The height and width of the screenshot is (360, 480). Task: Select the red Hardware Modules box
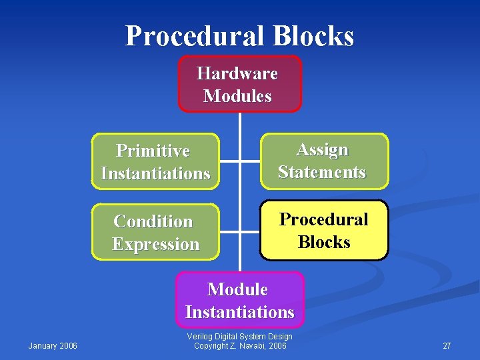pyautogui.click(x=239, y=84)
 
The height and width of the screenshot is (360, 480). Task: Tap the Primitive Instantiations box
pyautogui.click(x=155, y=162)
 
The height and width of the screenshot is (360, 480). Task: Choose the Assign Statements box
pyautogui.click(x=323, y=161)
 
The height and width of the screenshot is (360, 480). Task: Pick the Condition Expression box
pyautogui.click(x=155, y=233)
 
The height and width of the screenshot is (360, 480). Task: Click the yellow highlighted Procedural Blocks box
pyautogui.click(x=323, y=231)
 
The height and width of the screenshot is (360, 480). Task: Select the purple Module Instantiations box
pyautogui.click(x=239, y=301)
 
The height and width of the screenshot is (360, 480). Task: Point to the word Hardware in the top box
pyautogui.click(x=237, y=73)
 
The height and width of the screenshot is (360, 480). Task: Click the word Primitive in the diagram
pyautogui.click(x=153, y=151)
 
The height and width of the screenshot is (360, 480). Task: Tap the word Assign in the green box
pyautogui.click(x=322, y=149)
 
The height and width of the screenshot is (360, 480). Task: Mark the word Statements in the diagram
pyautogui.click(x=322, y=172)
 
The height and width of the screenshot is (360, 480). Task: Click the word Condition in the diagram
pyautogui.click(x=153, y=221)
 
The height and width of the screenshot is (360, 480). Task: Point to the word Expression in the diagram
pyautogui.click(x=155, y=244)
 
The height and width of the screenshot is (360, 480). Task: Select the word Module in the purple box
pyautogui.click(x=237, y=289)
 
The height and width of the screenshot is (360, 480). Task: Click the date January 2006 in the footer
pyautogui.click(x=53, y=345)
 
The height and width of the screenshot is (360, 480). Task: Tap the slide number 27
pyautogui.click(x=447, y=346)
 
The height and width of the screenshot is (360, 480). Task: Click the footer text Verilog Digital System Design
pyautogui.click(x=240, y=337)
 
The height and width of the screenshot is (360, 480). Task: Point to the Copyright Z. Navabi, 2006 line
pyautogui.click(x=240, y=346)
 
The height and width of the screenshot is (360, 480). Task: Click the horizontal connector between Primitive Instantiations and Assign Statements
pyautogui.click(x=239, y=161)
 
